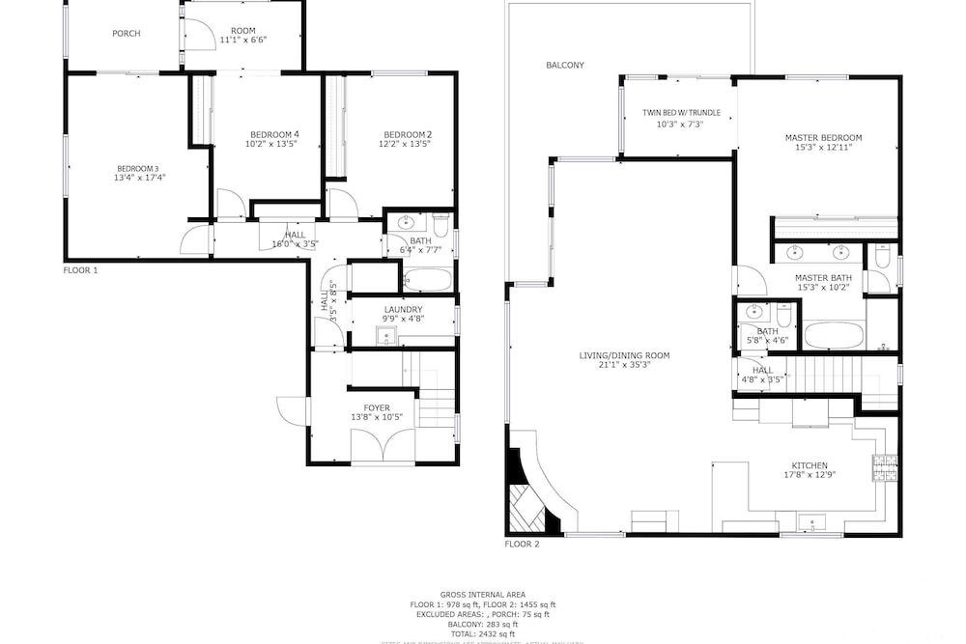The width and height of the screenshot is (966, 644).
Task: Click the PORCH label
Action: (x=127, y=34)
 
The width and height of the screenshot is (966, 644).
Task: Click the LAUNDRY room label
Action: (x=403, y=309)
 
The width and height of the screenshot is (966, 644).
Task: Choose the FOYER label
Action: (x=377, y=407)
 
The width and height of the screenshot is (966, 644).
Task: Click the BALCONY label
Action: (x=565, y=66)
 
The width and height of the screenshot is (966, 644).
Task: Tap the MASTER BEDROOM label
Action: (x=823, y=138)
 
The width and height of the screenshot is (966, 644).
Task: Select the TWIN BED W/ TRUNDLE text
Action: (x=681, y=113)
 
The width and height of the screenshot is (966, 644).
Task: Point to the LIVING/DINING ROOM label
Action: (x=624, y=355)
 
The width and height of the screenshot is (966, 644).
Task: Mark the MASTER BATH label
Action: (x=823, y=278)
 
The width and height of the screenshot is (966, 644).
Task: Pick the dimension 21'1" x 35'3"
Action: (x=624, y=365)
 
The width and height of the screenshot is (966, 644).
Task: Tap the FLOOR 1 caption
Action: (x=81, y=270)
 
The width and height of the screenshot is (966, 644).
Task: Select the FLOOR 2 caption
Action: (x=522, y=544)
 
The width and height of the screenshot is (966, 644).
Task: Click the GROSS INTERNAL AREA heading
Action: (x=483, y=595)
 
